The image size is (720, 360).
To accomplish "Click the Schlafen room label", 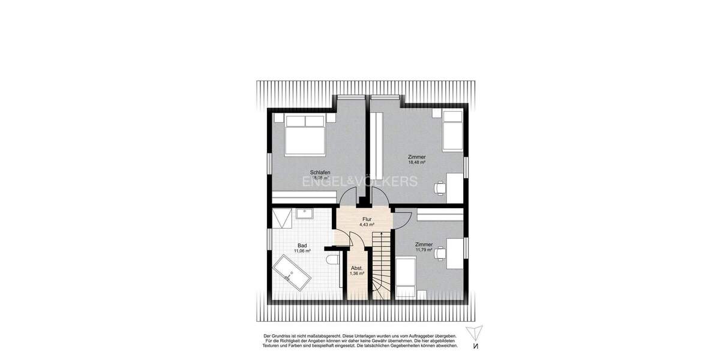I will (320, 172).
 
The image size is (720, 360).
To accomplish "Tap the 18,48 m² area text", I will (416, 162).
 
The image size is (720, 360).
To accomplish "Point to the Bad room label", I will (302, 245).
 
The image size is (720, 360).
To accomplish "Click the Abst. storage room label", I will (357, 268).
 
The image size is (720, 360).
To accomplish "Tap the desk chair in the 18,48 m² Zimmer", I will (441, 188).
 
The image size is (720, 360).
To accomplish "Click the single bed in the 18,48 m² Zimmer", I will (452, 131).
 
